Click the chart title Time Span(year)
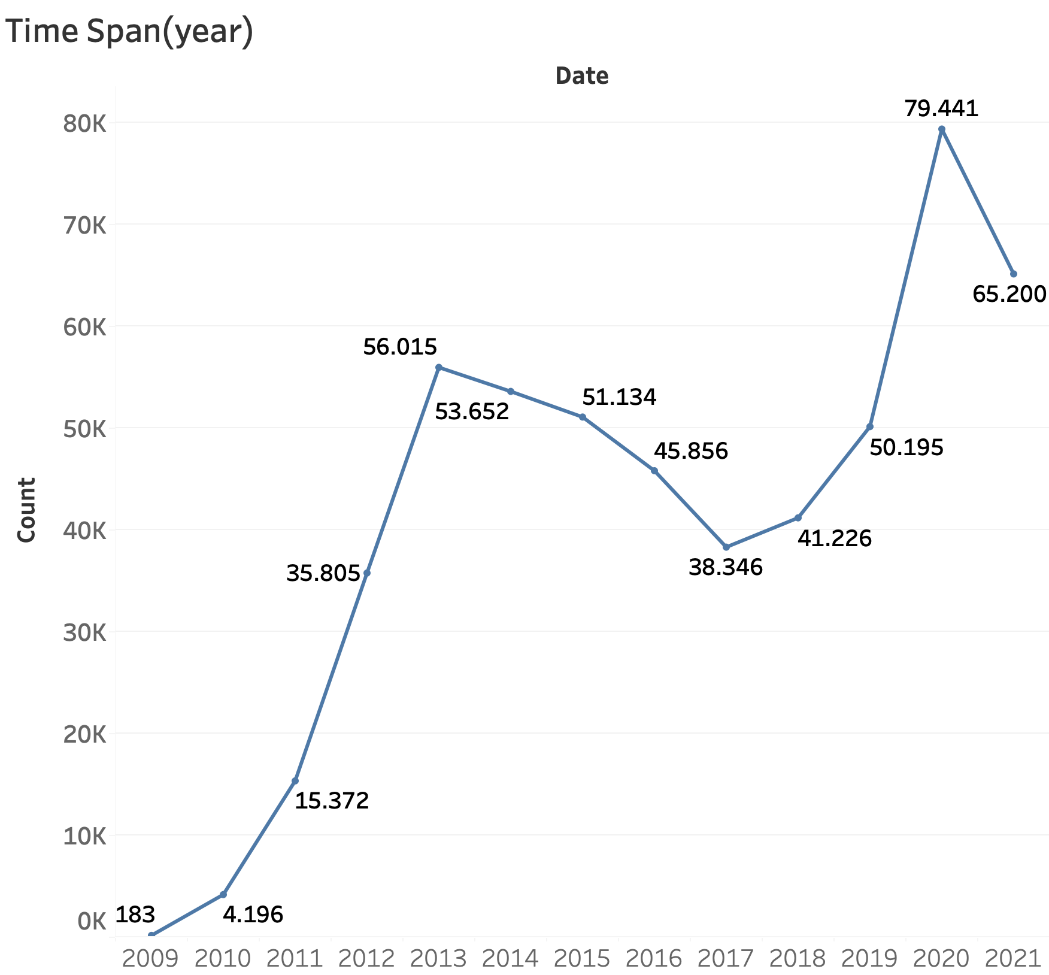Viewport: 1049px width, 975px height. pyautogui.click(x=129, y=31)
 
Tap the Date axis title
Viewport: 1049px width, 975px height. pyautogui.click(x=582, y=76)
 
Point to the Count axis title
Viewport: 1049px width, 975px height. pyautogui.click(x=26, y=510)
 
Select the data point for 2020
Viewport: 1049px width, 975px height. pyautogui.click(x=942, y=129)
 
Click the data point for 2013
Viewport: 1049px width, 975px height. pyautogui.click(x=439, y=367)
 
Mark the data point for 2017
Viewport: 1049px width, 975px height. pyautogui.click(x=726, y=547)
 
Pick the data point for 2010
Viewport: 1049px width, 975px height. pyautogui.click(x=223, y=894)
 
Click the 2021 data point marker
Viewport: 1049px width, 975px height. pyautogui.click(x=1014, y=274)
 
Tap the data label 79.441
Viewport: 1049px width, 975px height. pyautogui.click(x=941, y=108)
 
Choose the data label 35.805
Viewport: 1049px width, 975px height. pyautogui.click(x=323, y=574)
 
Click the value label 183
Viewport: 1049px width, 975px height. pyautogui.click(x=135, y=915)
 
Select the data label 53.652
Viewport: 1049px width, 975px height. pyautogui.click(x=472, y=411)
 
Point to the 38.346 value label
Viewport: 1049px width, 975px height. pyautogui.click(x=726, y=567)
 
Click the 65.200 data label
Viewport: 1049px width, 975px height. pyautogui.click(x=1009, y=294)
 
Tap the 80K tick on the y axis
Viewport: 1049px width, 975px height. pyautogui.click(x=84, y=124)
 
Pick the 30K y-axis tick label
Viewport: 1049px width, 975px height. pyautogui.click(x=84, y=632)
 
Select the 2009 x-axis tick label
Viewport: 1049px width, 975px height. pyautogui.click(x=150, y=959)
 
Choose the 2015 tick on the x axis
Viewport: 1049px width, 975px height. pyautogui.click(x=582, y=959)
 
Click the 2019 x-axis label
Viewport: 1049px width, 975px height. pyautogui.click(x=869, y=959)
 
